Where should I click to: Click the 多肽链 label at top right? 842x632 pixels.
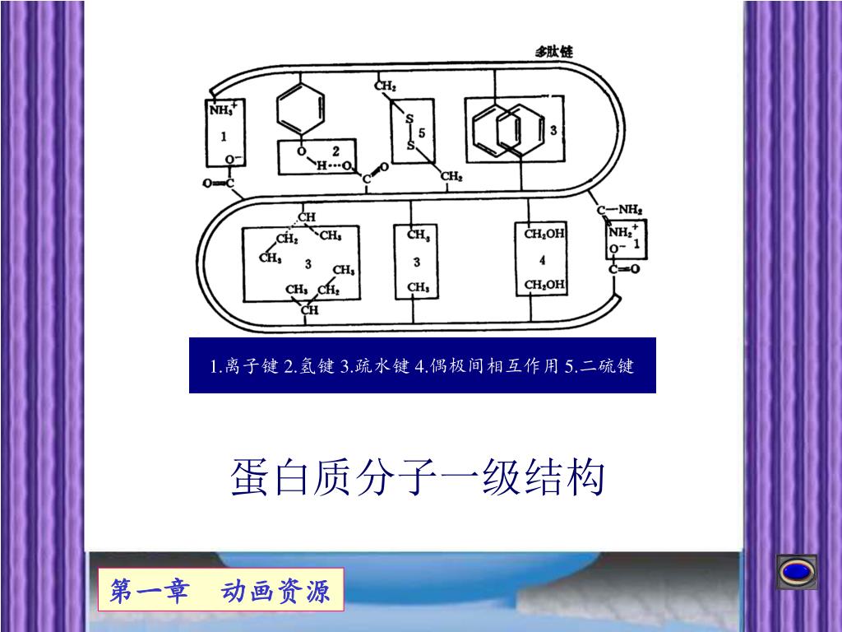click(x=553, y=51)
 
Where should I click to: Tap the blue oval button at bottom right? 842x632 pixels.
click(x=797, y=571)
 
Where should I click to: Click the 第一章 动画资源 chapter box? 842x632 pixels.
click(x=220, y=590)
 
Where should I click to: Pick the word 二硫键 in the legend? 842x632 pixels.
click(x=607, y=365)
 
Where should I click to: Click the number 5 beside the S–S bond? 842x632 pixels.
click(x=422, y=132)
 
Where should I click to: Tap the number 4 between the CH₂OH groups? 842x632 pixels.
click(x=543, y=260)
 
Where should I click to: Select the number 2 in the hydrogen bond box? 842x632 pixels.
click(x=335, y=151)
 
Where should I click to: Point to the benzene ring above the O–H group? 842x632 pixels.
click(x=301, y=108)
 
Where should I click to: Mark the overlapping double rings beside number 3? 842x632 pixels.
click(x=509, y=130)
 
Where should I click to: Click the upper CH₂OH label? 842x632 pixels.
click(x=544, y=234)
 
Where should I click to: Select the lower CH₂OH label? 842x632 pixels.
click(x=544, y=286)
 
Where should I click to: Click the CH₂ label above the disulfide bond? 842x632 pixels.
click(x=385, y=86)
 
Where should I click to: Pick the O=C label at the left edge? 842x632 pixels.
click(x=219, y=183)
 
